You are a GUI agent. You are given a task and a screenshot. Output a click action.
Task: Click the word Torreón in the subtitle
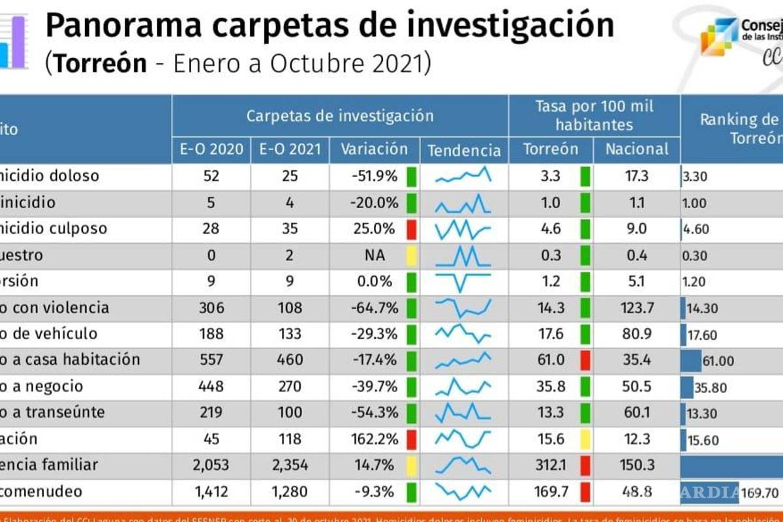pos(100,63)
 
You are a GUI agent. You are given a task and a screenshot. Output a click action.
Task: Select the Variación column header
pos(375,149)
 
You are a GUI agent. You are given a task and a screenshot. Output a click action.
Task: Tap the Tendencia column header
pos(464,151)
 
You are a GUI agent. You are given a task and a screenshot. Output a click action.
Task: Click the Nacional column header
pos(637,149)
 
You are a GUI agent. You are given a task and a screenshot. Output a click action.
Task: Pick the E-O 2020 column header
pos(211,149)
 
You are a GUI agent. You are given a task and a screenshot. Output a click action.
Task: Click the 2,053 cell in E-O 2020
pos(211,465)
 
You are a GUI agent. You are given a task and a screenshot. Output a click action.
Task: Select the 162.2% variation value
pos(374,438)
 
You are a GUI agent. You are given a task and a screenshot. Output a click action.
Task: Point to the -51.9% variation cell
pos(374,176)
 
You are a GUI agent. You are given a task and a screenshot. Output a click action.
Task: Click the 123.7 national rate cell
pos(637,307)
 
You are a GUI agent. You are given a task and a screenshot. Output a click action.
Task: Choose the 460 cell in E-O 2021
pos(290,360)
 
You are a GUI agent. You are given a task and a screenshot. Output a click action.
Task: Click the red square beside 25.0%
pos(411,229)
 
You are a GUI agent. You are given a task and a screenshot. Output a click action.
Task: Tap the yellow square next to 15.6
pos(585,438)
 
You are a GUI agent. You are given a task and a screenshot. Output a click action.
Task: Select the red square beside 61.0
pos(585,360)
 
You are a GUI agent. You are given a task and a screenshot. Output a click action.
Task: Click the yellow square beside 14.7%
pos(411,465)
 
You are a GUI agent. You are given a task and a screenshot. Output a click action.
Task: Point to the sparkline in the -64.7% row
pos(463,307)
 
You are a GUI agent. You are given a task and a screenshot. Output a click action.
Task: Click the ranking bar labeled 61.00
pos(691,360)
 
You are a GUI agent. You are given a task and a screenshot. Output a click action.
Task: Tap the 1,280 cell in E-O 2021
pos(290,491)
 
